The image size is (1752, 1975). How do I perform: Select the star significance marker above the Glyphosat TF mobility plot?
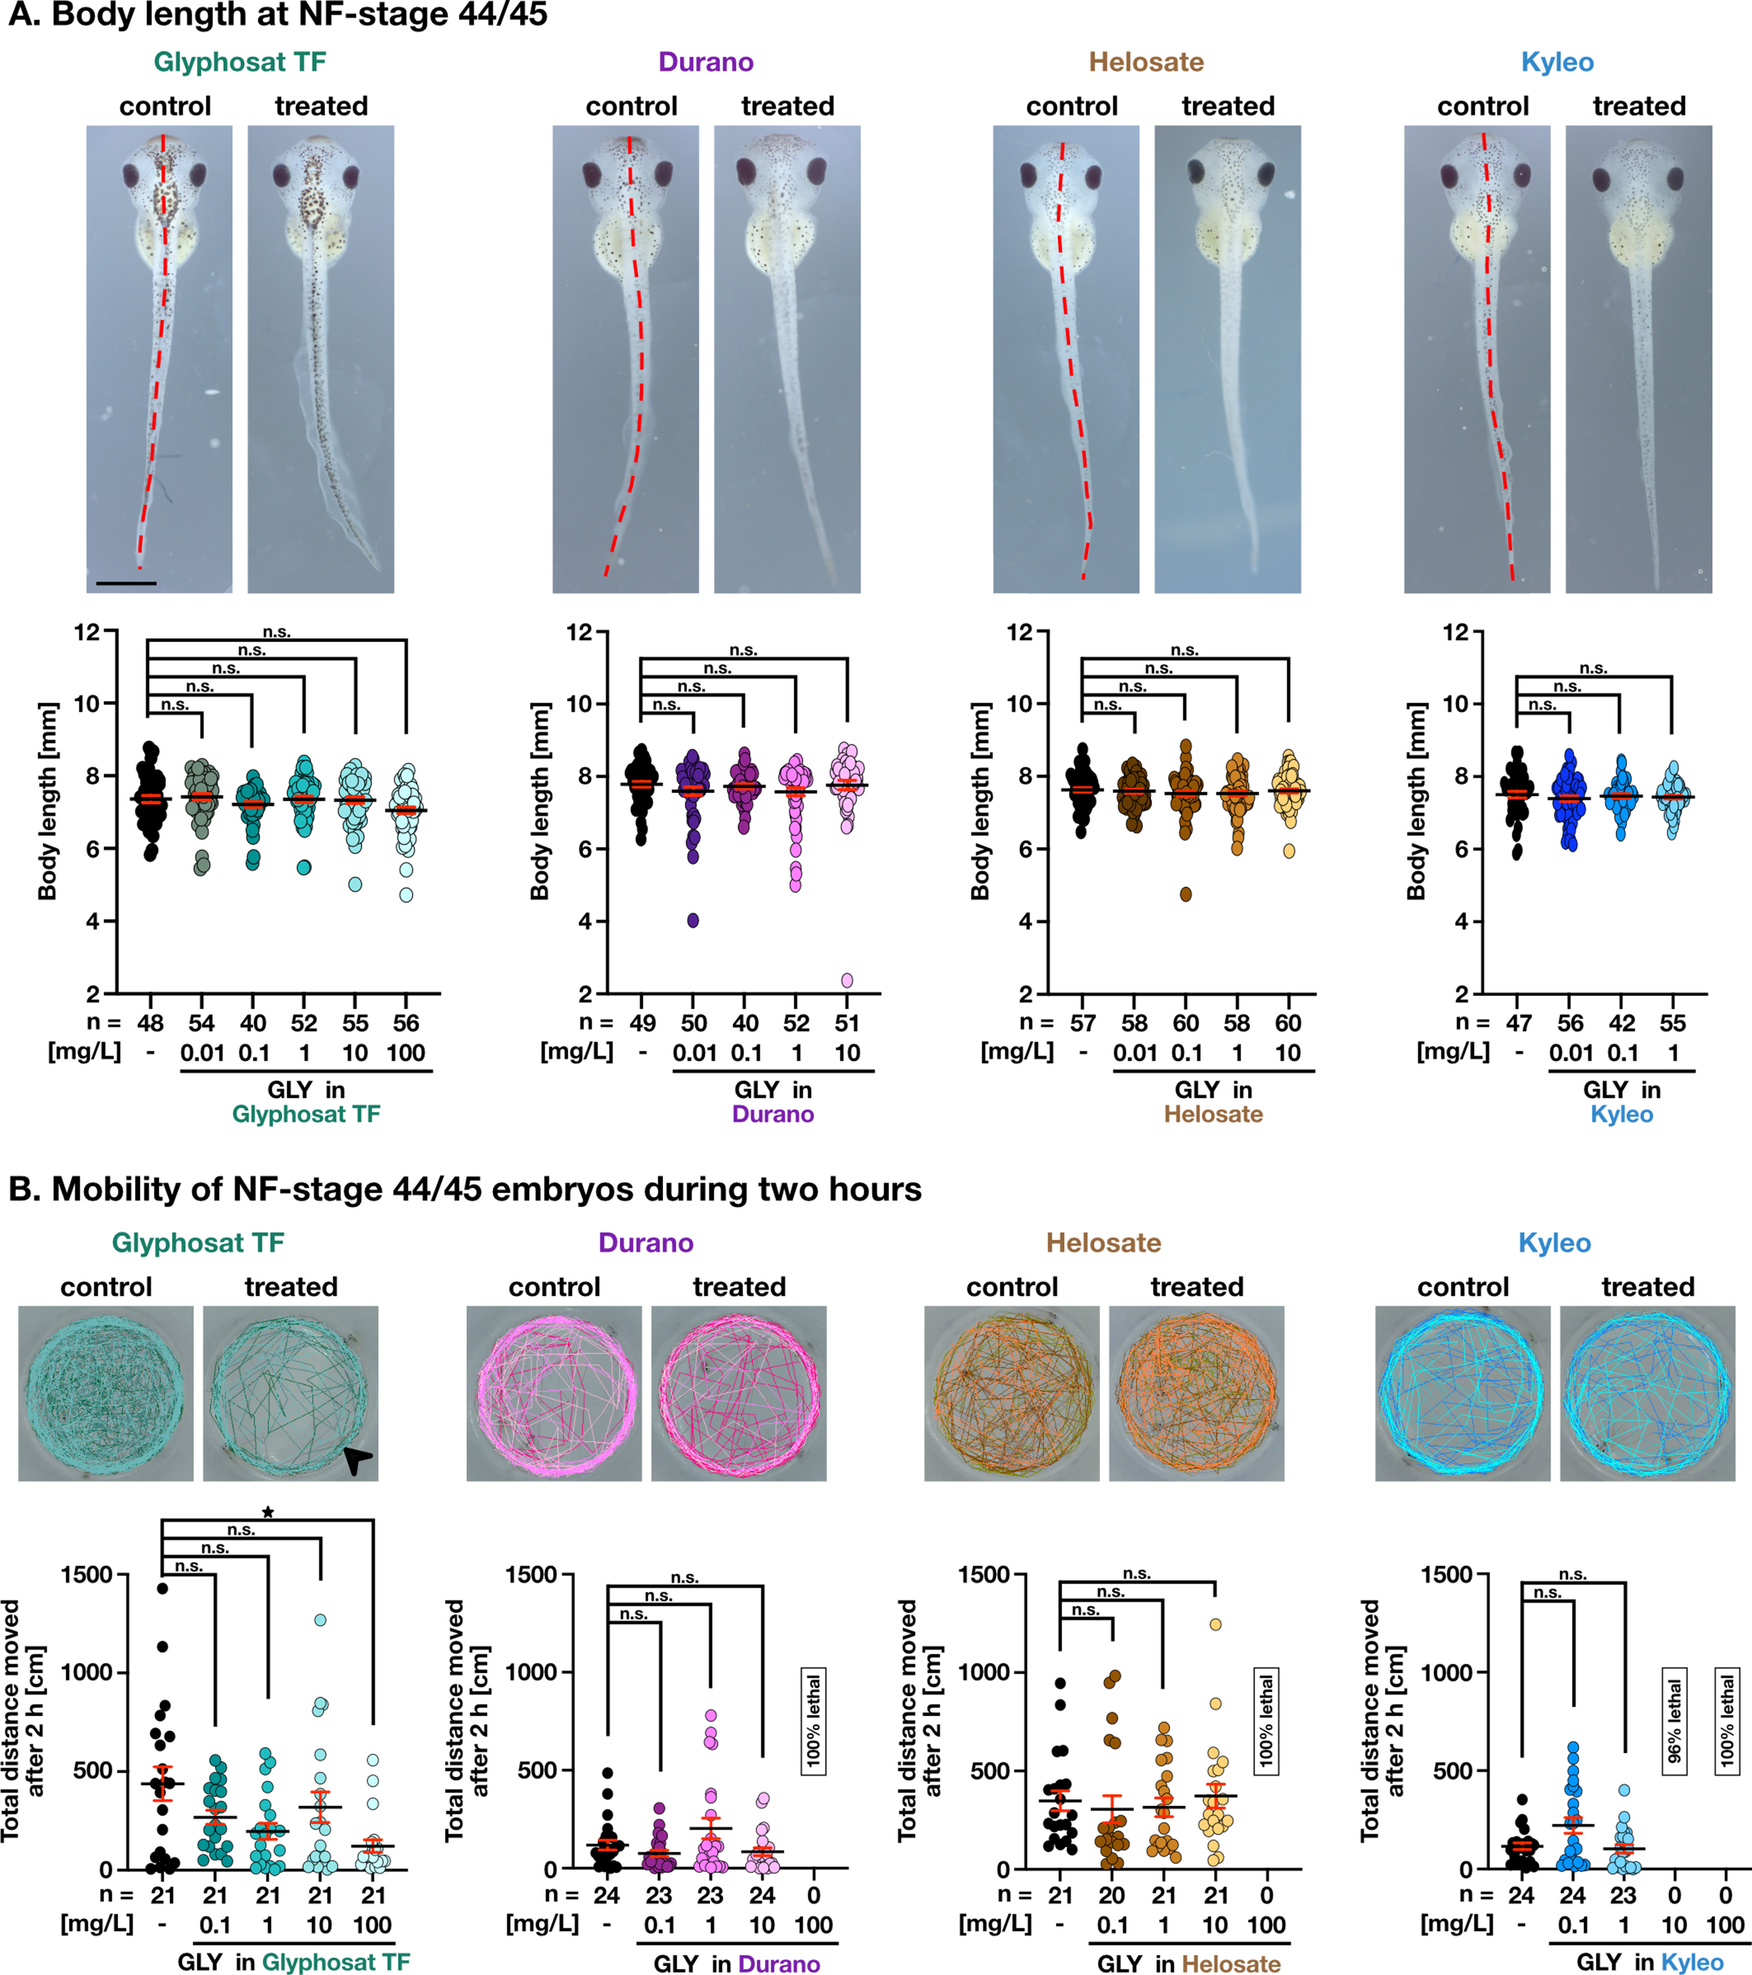click(268, 1512)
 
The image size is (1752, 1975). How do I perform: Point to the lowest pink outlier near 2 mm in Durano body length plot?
click(847, 980)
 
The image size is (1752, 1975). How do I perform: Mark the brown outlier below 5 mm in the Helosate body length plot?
click(1186, 894)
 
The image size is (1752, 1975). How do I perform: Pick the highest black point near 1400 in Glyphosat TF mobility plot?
click(162, 1588)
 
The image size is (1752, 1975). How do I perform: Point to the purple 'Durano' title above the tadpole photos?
click(706, 62)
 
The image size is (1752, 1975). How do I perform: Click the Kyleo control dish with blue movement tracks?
click(1462, 1392)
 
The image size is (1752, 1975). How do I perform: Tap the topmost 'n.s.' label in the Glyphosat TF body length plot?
click(277, 632)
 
